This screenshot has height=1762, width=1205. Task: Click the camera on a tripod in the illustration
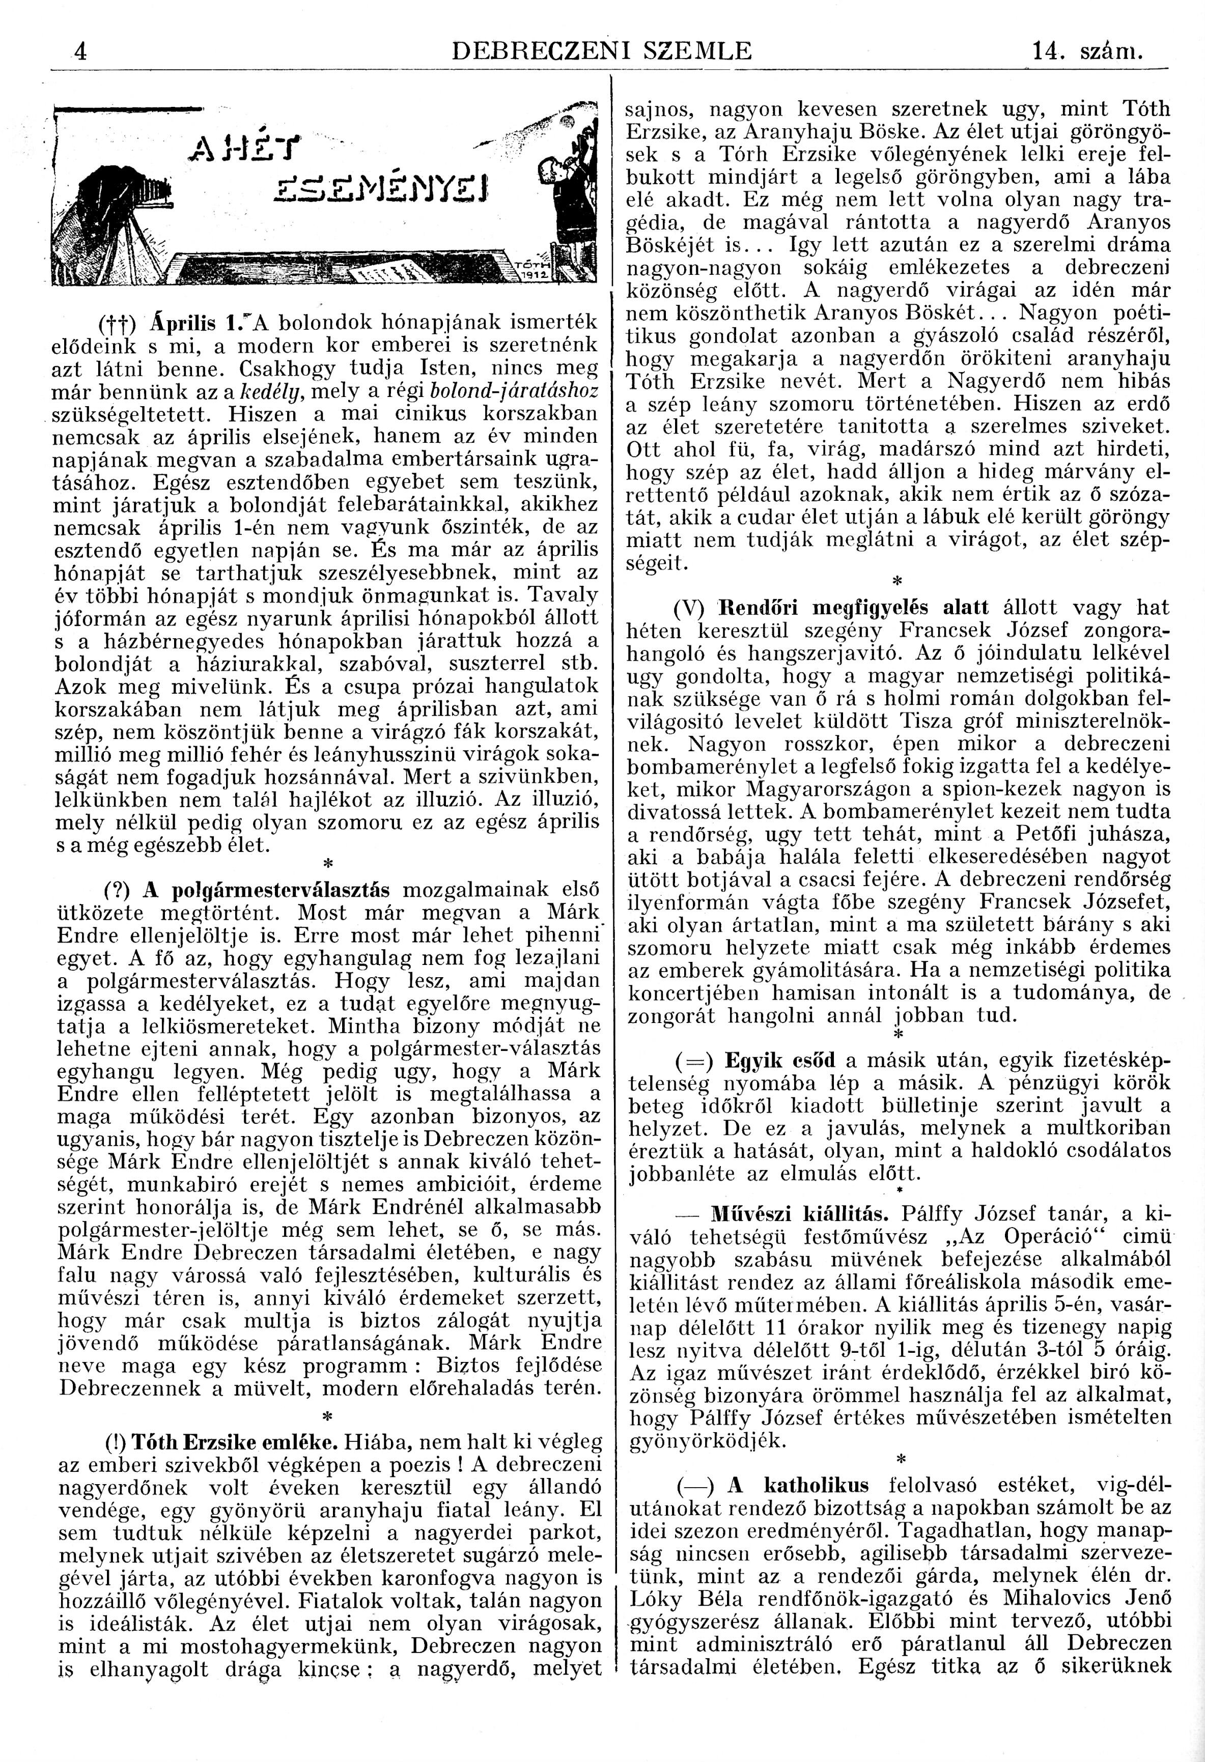coord(121,205)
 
